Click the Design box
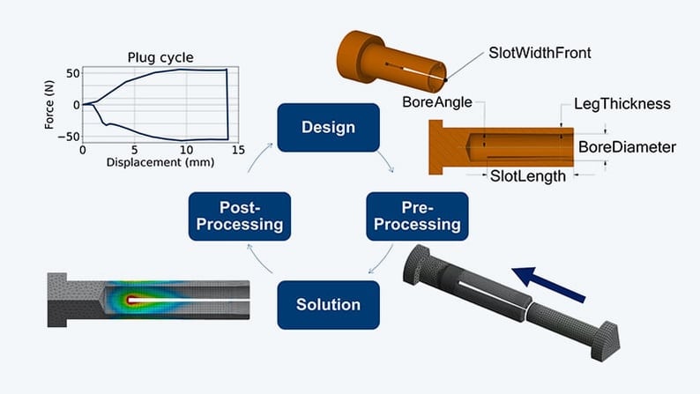pyautogui.click(x=328, y=127)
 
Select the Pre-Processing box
pyautogui.click(x=417, y=216)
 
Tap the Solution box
pyautogui.click(x=328, y=305)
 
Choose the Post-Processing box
pyautogui.click(x=239, y=216)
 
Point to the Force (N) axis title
pyautogui.click(x=50, y=104)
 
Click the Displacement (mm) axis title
pyautogui.click(x=155, y=162)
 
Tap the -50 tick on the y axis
pyautogui.click(x=69, y=137)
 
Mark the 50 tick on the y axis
pyautogui.click(x=71, y=72)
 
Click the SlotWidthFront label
pyautogui.click(x=540, y=53)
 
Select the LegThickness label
pyautogui.click(x=622, y=104)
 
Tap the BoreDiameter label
pyautogui.click(x=627, y=146)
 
